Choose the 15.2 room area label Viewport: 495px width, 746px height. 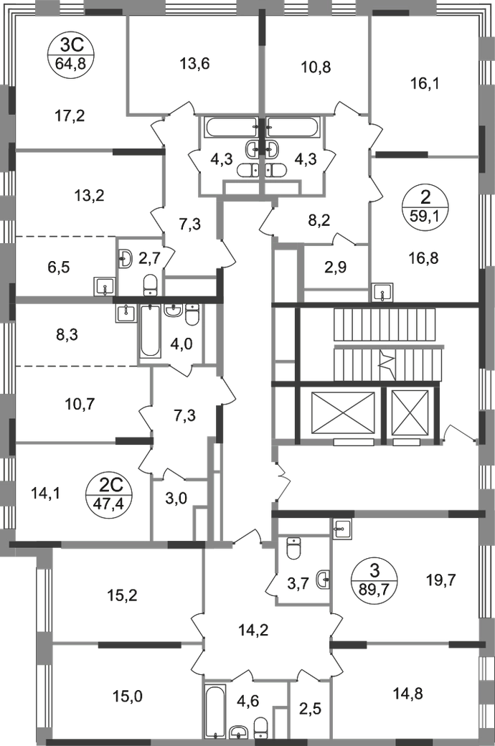(121, 595)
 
